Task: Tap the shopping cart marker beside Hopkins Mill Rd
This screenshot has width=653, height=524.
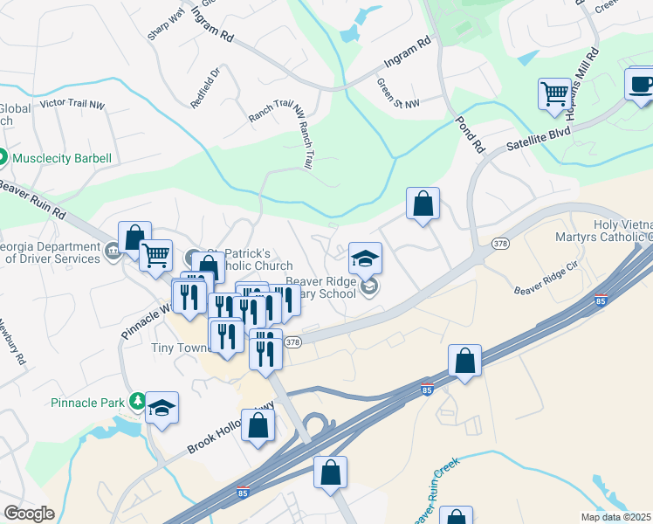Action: (555, 93)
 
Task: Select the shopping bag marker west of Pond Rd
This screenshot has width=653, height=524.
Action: (423, 204)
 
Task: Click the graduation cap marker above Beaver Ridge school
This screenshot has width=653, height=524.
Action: (366, 259)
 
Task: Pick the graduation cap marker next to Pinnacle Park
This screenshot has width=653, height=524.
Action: (162, 408)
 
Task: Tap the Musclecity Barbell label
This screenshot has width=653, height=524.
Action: (60, 158)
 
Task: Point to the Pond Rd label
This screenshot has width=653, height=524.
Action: (470, 130)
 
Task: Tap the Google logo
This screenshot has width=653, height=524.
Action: (29, 514)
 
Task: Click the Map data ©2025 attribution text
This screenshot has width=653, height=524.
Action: (616, 517)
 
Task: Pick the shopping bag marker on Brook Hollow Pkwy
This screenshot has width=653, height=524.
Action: (258, 425)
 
